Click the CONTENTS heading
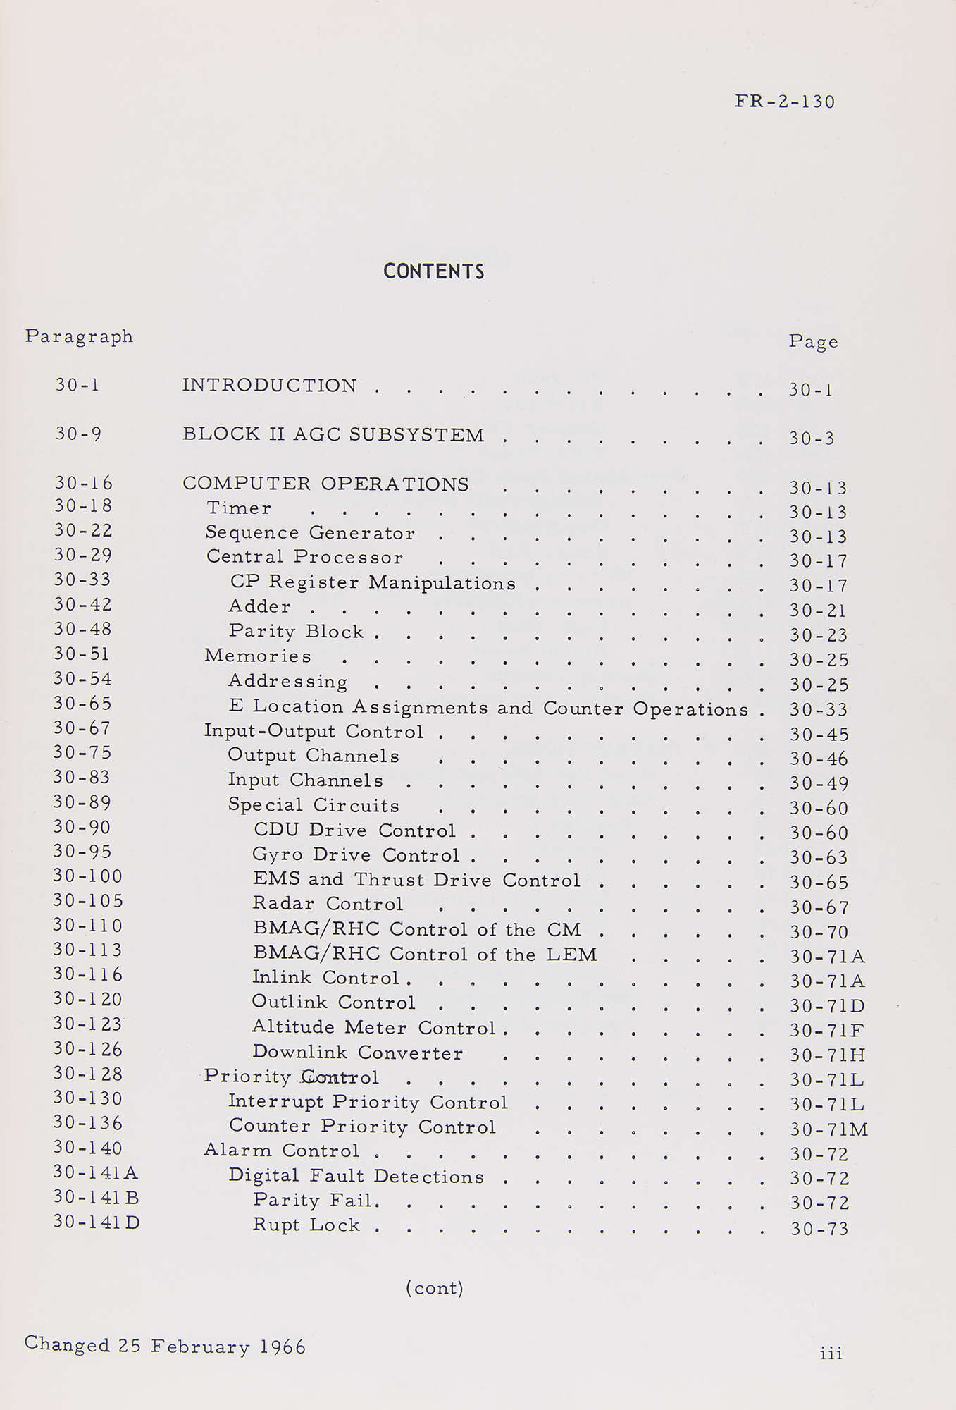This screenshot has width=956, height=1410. [433, 271]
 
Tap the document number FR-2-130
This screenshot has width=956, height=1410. [785, 102]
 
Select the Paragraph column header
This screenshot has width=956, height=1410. [79, 336]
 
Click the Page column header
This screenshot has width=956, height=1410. [813, 342]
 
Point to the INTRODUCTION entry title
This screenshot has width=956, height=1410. [269, 386]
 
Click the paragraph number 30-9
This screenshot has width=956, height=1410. [78, 434]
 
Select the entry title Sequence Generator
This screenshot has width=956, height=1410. [310, 533]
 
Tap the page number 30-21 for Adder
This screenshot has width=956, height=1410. [818, 611]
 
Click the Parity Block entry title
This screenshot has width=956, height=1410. [296, 631]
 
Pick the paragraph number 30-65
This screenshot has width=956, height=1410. [82, 704]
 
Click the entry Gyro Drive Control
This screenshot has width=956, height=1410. [356, 855]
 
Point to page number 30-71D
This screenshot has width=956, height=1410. [827, 1006]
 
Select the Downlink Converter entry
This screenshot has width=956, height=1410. [357, 1053]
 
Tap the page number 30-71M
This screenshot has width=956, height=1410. [828, 1129]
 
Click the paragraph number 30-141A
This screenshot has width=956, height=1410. [96, 1172]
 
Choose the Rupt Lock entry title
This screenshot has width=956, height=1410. [306, 1225]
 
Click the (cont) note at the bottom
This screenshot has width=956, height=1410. [434, 1288]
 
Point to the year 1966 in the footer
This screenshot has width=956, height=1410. [283, 1347]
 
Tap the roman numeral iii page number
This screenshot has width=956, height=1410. [831, 1353]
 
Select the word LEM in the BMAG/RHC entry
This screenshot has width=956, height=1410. [571, 955]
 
